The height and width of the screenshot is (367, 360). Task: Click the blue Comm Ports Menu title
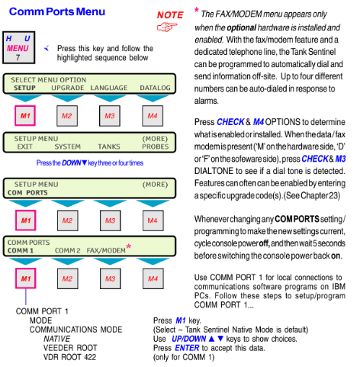tap(57, 11)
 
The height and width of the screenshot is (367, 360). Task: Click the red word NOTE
tap(170, 15)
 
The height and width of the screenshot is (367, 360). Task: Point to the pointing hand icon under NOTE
tap(167, 27)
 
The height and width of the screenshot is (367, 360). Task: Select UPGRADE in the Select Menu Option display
tap(68, 88)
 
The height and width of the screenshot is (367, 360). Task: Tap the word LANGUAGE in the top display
tap(109, 88)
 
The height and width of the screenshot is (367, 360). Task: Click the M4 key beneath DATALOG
tap(153, 116)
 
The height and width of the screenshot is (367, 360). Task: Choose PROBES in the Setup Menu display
tap(155, 146)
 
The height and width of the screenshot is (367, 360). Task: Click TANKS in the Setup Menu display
tap(109, 146)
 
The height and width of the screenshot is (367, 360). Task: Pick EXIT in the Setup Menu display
tap(24, 146)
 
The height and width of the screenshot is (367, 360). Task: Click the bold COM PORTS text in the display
tap(27, 193)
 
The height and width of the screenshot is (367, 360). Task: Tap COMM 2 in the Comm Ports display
tap(68, 251)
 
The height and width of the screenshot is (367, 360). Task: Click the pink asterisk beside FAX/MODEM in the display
tap(129, 246)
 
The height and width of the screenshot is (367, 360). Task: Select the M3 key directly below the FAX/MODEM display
tap(111, 278)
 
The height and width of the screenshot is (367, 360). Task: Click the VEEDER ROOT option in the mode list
tap(70, 348)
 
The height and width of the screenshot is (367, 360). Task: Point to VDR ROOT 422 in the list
tap(69, 357)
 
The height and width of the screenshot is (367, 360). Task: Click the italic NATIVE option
tap(56, 339)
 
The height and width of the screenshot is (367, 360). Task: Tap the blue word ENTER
tap(187, 348)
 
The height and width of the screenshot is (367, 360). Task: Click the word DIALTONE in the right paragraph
tap(214, 171)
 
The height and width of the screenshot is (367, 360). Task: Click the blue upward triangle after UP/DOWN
tap(211, 339)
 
